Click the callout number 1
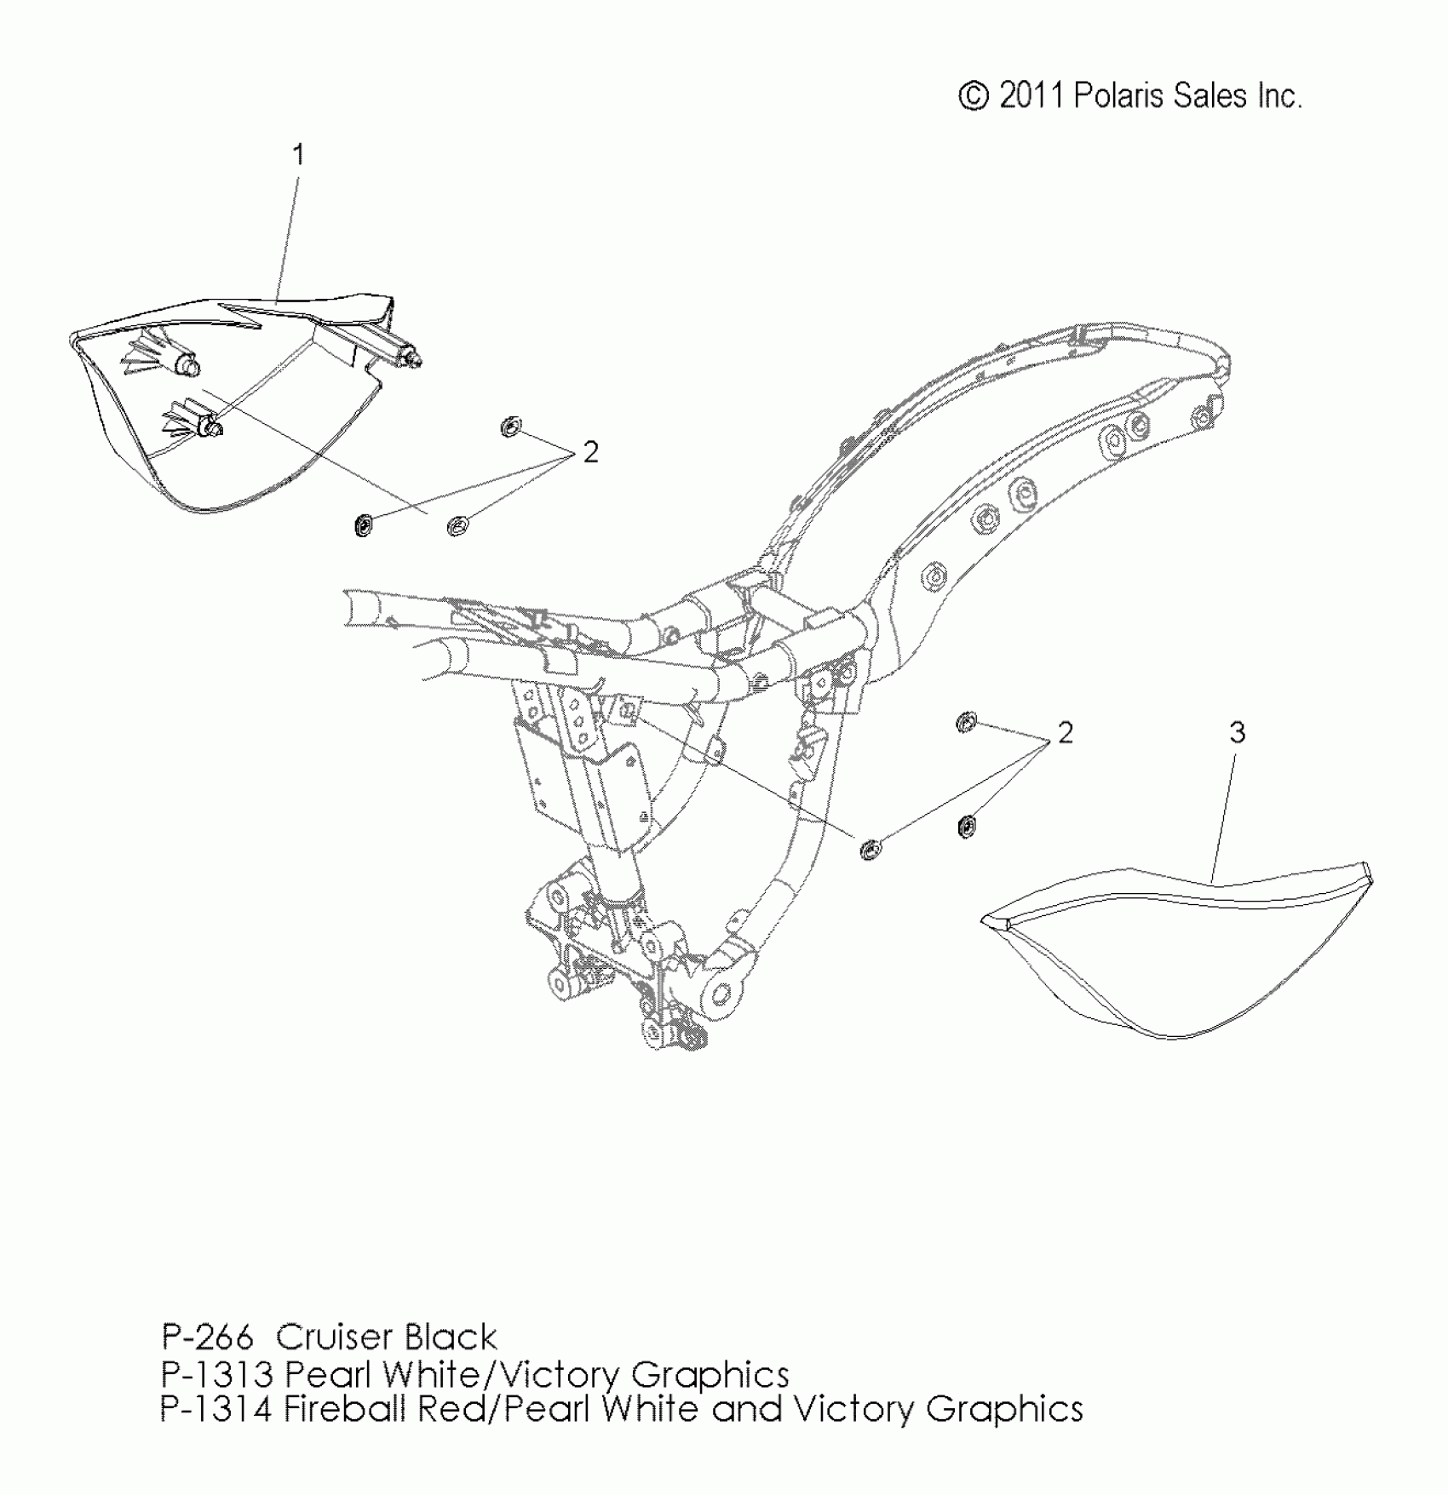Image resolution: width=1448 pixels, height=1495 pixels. [298, 155]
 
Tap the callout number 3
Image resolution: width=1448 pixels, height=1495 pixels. [1237, 732]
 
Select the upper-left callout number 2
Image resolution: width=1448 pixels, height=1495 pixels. [590, 452]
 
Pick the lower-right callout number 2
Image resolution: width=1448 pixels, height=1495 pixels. [1065, 732]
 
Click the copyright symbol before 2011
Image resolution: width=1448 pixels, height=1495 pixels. [973, 96]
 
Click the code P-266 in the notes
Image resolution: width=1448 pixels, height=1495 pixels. [207, 1337]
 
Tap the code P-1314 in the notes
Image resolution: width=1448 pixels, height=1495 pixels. [216, 1410]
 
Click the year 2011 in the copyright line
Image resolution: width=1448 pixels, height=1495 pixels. [1031, 96]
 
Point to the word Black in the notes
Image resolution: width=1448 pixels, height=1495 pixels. [451, 1337]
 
